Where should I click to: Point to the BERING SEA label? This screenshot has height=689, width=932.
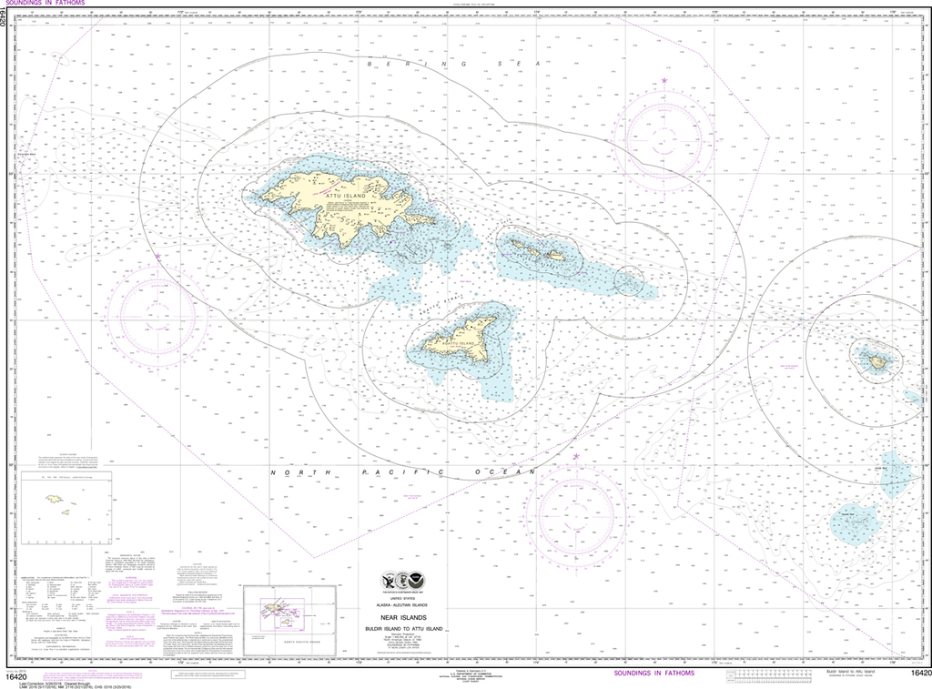pos(453,65)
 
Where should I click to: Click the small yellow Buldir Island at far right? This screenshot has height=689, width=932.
pos(877,361)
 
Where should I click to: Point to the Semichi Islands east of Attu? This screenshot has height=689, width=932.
pos(537,248)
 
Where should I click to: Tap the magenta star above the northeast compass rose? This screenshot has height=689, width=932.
pos(664,82)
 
